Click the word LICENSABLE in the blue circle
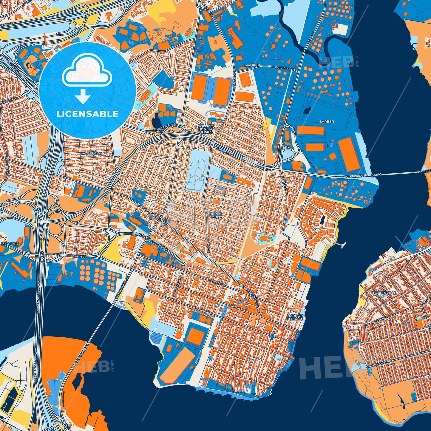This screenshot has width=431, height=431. point(88,114)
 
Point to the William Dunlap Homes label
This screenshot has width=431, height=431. point(206,129)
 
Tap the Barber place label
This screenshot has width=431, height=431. point(327,122)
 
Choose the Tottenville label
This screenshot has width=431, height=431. point(384,293)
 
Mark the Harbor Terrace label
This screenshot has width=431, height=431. point(295,317)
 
